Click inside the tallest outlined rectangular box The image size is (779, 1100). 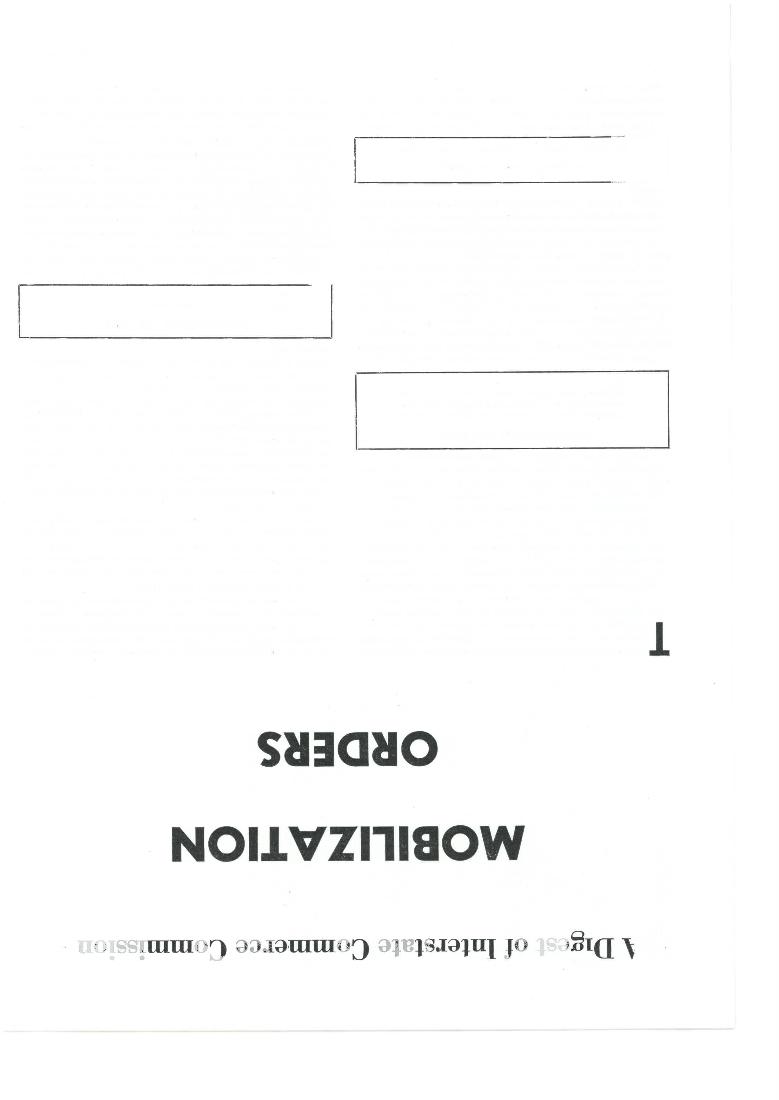pyautogui.click(x=512, y=410)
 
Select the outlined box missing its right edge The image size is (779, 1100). pyautogui.click(x=489, y=160)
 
